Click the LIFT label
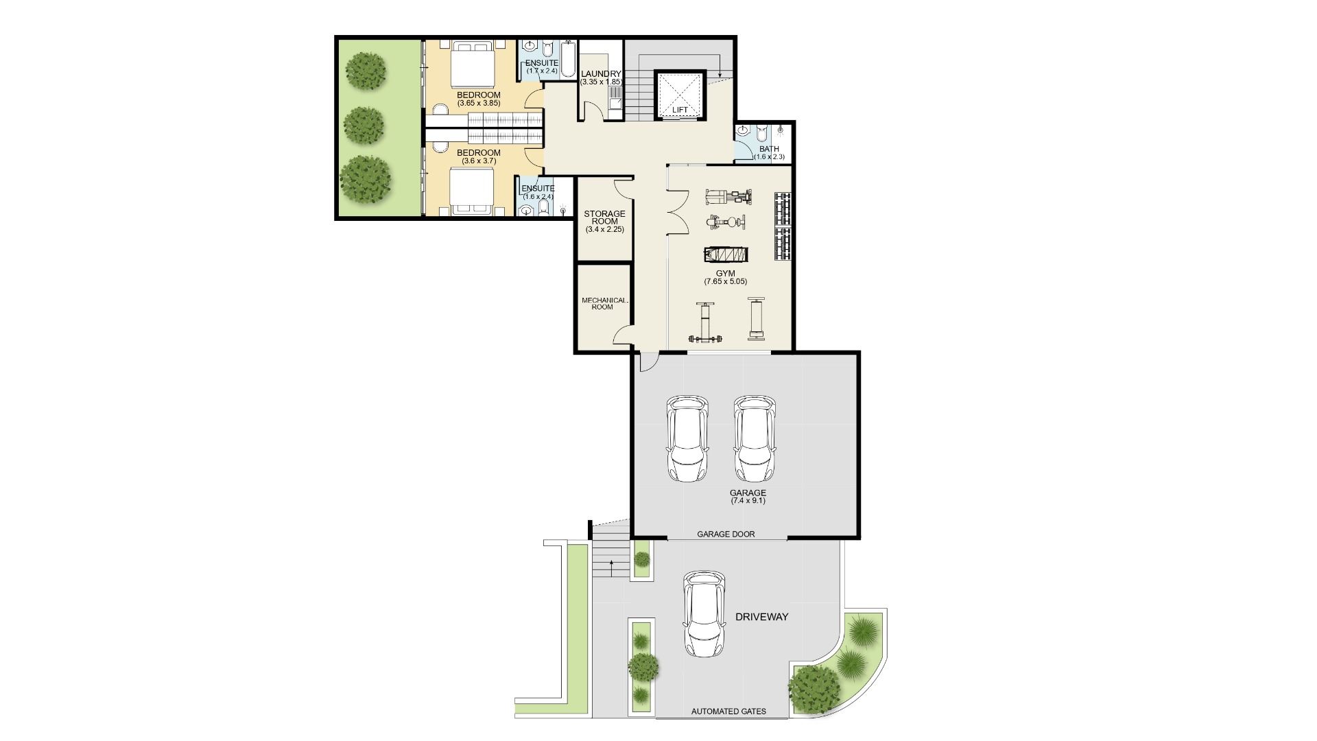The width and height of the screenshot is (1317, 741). point(680,110)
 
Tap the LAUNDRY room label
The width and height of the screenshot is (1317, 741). point(601,74)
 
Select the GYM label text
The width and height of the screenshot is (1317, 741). point(725,274)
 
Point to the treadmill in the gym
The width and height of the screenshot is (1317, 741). point(726,255)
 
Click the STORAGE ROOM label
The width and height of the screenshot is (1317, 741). point(604,217)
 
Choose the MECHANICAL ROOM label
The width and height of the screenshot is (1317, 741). point(604,303)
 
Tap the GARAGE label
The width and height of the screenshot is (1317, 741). point(748,493)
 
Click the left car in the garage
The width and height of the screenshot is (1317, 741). point(687,439)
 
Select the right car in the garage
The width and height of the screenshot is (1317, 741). point(755,439)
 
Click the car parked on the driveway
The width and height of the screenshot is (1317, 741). point(704,613)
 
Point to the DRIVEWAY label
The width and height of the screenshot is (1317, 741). point(761,617)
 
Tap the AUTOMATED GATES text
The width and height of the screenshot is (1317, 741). point(728,711)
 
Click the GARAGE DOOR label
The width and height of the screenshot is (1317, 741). point(726,534)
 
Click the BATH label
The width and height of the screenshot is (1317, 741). point(769,149)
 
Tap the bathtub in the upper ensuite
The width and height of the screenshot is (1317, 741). point(569,60)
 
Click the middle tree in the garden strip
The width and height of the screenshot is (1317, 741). point(363,125)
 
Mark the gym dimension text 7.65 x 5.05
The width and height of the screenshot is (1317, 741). point(725,281)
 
